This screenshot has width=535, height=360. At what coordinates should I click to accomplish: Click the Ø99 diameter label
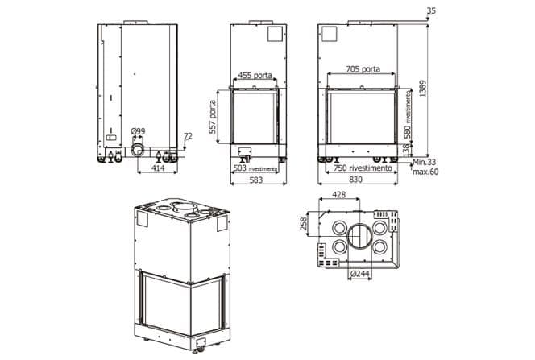(x=138, y=130)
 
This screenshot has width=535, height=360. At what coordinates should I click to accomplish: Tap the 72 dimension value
(x=188, y=137)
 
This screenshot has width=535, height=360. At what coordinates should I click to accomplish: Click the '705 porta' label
(x=363, y=69)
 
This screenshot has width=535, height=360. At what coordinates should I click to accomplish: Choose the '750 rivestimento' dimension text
(x=362, y=169)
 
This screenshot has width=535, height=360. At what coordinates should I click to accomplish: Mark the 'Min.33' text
(x=424, y=163)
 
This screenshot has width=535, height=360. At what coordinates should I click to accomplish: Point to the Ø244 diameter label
(x=360, y=274)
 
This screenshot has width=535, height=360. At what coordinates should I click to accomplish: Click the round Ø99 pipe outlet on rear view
(x=138, y=151)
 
